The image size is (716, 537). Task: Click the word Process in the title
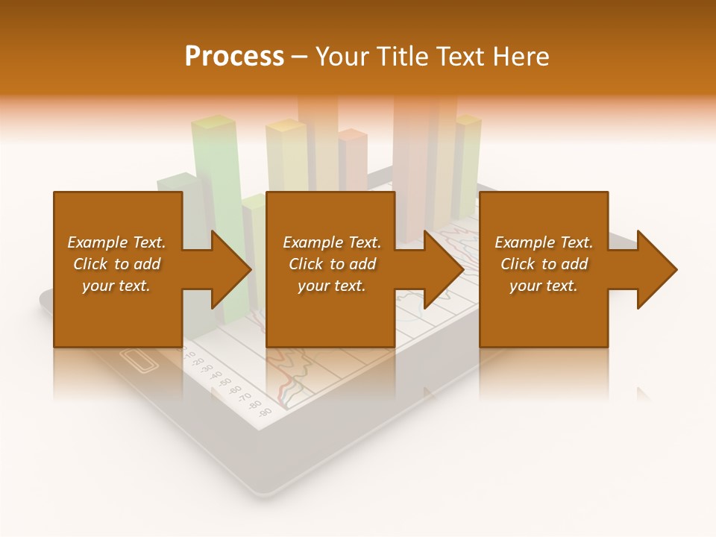coord(234,57)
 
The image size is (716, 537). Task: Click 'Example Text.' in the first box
coord(116,242)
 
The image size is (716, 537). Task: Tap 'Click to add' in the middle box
coord(332,264)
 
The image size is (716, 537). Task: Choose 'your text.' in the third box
coord(543,286)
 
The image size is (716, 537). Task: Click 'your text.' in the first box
coord(116,286)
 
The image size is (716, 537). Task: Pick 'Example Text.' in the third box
coord(543,242)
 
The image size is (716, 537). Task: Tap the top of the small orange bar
coord(353,135)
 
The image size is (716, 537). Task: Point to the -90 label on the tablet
coord(264,411)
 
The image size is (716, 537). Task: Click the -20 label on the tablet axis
coord(199,361)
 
